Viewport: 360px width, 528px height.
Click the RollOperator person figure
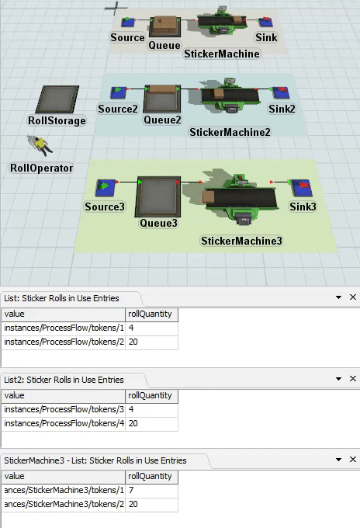coord(40,145)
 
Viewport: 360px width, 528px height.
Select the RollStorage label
coord(57,120)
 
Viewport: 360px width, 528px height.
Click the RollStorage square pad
coord(57,99)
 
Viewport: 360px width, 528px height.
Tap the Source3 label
coord(105,207)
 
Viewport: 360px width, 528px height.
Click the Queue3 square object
coord(158,196)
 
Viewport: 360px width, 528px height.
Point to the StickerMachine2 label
coord(230,132)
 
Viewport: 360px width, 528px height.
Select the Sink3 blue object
coord(302,188)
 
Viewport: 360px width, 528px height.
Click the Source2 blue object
coord(118,92)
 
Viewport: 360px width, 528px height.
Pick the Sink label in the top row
coord(266,37)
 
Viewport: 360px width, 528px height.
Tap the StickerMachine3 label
coord(241,241)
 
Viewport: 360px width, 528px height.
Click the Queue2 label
coord(162,120)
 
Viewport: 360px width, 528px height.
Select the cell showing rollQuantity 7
coord(152,490)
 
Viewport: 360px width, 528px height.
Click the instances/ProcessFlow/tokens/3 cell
coord(64,409)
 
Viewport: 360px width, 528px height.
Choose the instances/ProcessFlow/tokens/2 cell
coord(64,342)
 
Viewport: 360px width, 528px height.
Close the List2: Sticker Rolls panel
coord(352,378)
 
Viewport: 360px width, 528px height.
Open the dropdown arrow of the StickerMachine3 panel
coord(338,460)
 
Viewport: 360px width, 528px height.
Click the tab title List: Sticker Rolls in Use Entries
coord(61,298)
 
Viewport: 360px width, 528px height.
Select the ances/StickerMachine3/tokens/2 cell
coord(64,504)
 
